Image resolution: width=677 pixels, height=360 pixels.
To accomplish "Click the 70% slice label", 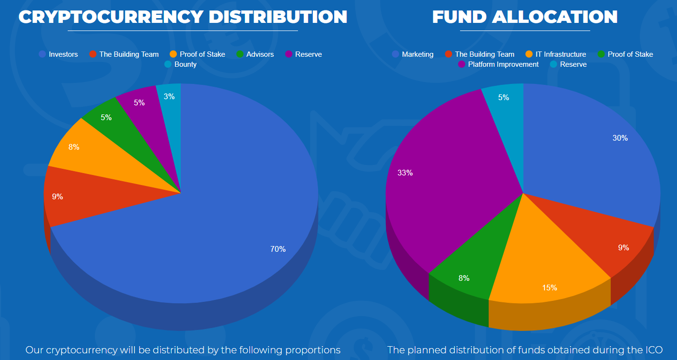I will tap(278, 249).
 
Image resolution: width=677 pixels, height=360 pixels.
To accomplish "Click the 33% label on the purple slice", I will tap(405, 173).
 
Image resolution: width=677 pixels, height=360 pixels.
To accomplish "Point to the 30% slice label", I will tap(620, 138).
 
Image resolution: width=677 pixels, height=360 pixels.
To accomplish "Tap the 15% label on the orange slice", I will tap(549, 288).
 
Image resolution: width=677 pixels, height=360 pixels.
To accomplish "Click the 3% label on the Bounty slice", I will tap(169, 96).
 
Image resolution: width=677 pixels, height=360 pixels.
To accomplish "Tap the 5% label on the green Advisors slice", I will tap(106, 117).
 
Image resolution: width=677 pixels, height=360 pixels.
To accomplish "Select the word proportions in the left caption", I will tap(313, 350).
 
